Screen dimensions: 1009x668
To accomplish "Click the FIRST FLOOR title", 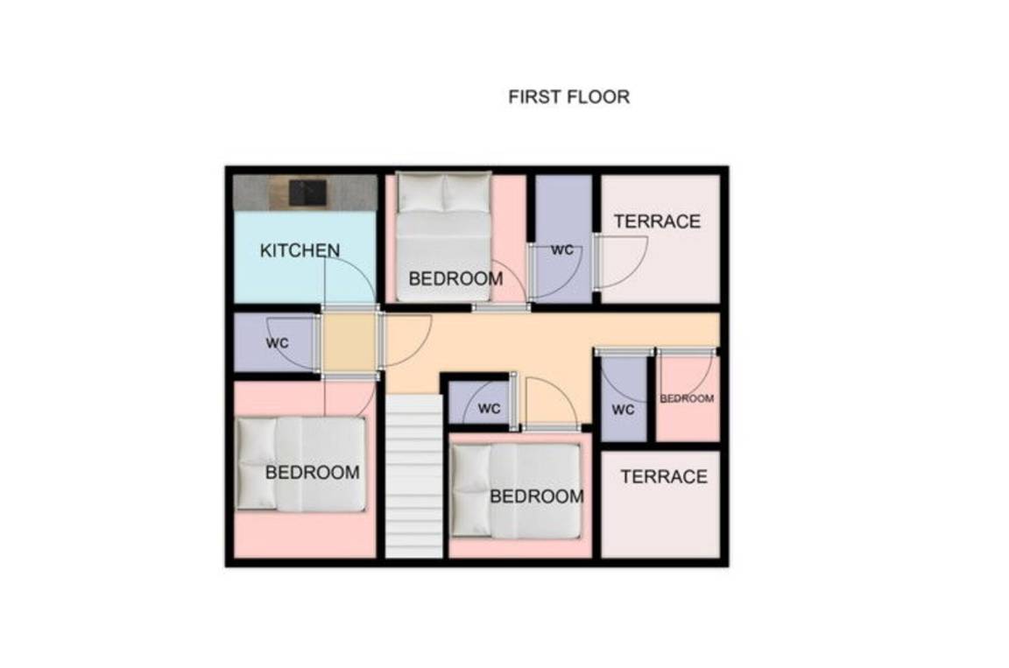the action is [x=568, y=97].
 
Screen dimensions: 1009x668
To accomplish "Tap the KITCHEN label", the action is [x=300, y=250].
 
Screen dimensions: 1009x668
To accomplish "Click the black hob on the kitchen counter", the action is [x=307, y=193].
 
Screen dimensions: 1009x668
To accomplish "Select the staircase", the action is [x=414, y=476].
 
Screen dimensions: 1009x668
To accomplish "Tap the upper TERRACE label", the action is [x=657, y=221].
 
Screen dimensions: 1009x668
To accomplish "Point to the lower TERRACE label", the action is [x=664, y=476].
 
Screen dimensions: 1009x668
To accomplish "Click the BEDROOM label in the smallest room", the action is [x=687, y=398].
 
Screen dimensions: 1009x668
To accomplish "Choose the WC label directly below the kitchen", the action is [x=278, y=342].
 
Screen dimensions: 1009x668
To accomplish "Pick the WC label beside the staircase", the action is [x=489, y=408].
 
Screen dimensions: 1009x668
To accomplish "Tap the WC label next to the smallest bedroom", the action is [x=623, y=410].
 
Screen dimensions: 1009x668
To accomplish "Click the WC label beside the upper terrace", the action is [x=562, y=250].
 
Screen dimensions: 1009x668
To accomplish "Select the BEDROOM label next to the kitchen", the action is [x=455, y=279].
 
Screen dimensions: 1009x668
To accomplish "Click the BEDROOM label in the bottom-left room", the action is [x=312, y=473].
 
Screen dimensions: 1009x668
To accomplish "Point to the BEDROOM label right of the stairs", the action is [x=537, y=496].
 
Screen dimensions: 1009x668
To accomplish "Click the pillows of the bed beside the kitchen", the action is [x=444, y=193].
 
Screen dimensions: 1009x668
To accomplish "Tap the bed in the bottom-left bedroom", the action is [x=300, y=464].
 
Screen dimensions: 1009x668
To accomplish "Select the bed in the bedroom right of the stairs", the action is [x=516, y=491].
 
